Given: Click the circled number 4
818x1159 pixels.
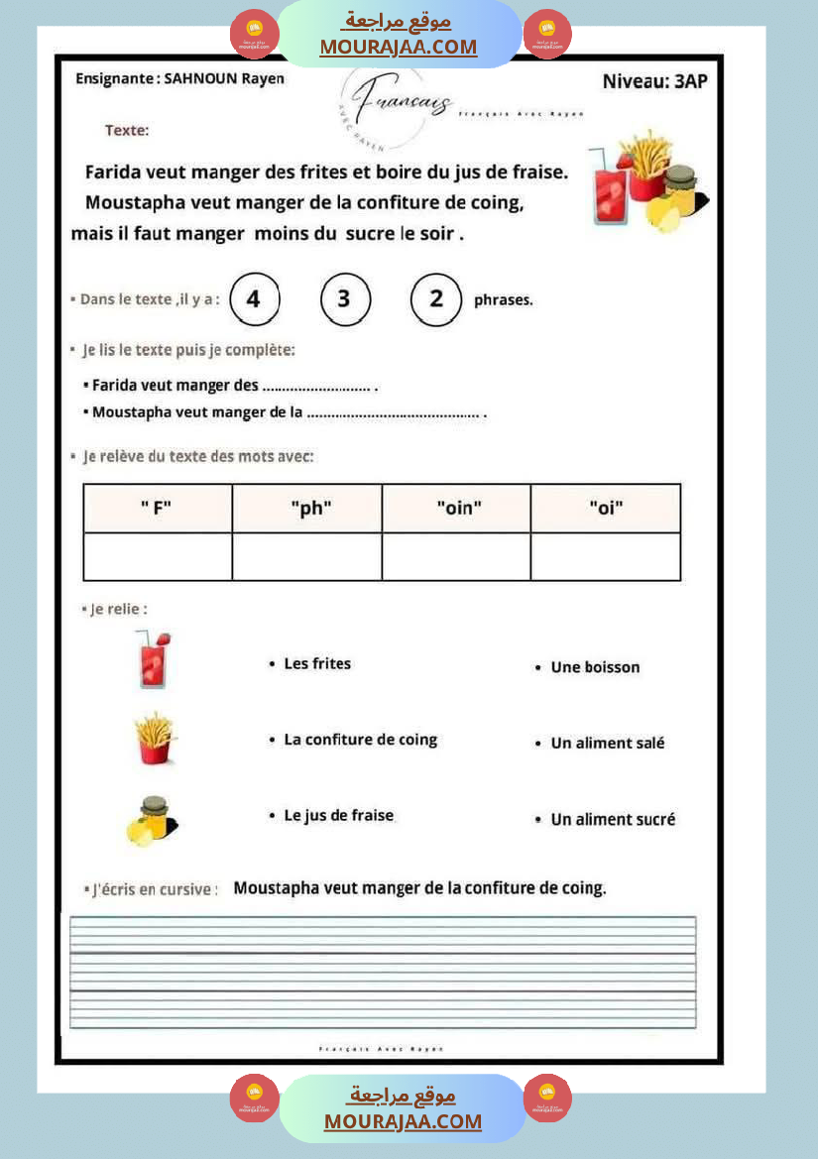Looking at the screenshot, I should (254, 299).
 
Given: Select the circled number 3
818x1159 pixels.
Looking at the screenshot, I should (345, 299).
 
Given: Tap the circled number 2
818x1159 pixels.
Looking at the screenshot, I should (436, 299).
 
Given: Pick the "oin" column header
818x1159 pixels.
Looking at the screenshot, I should (457, 509).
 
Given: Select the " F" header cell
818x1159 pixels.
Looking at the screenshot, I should (157, 509).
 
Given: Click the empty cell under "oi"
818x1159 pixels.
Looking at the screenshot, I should (606, 556).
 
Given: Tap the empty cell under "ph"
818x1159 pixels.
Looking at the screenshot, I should (307, 556).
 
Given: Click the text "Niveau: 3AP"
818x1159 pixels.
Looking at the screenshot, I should (654, 81).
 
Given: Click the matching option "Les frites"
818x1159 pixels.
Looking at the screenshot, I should (317, 663).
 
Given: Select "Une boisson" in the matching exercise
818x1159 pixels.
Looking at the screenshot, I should (595, 667).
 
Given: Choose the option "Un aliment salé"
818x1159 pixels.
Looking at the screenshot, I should (607, 743).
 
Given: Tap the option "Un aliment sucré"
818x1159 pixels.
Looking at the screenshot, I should (613, 819).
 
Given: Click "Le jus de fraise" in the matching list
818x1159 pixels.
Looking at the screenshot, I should (338, 815).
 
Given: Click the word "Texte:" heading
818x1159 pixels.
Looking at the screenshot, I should (127, 130).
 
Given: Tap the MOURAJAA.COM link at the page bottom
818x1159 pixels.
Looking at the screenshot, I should (403, 1121).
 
